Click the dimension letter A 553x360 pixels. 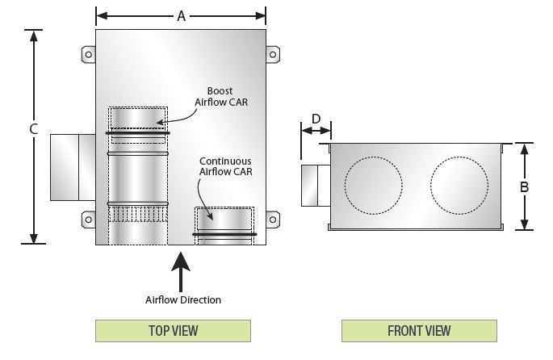click(x=182, y=15)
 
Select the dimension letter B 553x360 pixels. click(x=525, y=186)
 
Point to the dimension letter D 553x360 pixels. click(x=316, y=119)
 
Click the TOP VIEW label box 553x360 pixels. click(x=173, y=330)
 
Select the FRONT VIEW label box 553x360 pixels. click(x=419, y=330)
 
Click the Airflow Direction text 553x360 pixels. click(x=182, y=299)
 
